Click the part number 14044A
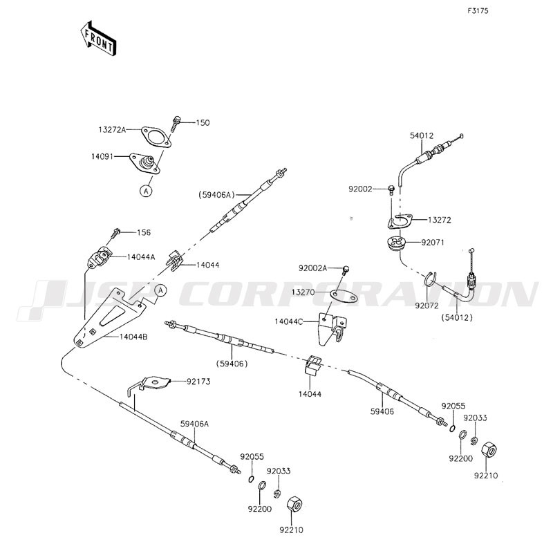141,256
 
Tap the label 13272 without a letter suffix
439,220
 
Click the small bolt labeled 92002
393,187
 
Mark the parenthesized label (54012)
456,317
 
